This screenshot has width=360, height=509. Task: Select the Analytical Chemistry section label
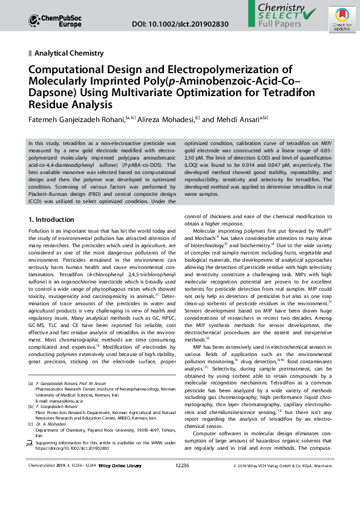(69, 53)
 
